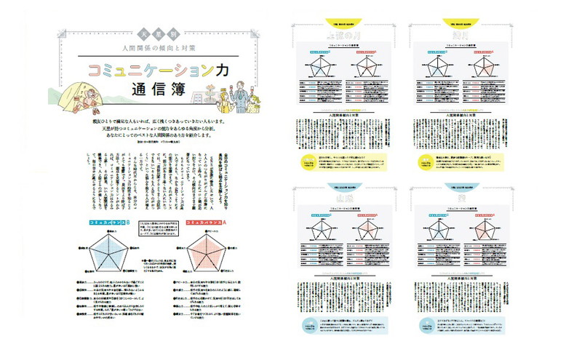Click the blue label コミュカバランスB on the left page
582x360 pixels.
click(105, 221)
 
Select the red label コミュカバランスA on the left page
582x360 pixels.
click(207, 221)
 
